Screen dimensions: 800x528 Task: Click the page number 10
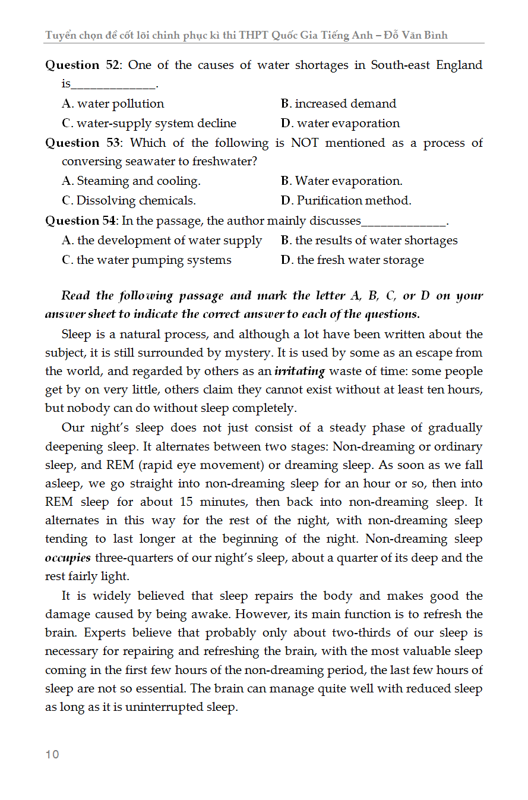point(52,754)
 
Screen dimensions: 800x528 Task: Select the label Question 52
point(83,65)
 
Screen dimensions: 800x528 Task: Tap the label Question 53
point(83,143)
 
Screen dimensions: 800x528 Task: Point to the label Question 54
point(81,221)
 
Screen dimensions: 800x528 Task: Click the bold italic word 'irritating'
point(299,371)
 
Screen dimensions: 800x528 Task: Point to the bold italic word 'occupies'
point(68,558)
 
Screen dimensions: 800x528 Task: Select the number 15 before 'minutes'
point(188,502)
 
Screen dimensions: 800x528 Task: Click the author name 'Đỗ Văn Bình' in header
point(416,35)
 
